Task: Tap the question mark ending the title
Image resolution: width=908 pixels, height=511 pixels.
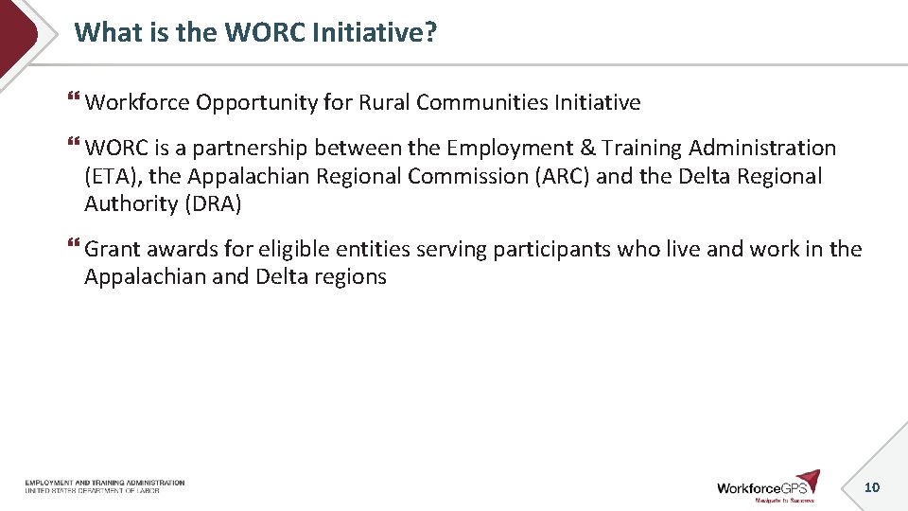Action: pos(430,32)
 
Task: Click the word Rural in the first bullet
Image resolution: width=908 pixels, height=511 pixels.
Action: pos(384,102)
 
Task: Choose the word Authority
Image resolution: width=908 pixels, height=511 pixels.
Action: pos(131,203)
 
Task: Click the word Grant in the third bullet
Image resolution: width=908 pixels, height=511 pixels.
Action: pos(112,250)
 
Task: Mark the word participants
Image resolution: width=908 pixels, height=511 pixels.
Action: pos(550,250)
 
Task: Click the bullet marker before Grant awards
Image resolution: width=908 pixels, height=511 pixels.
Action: pos(75,248)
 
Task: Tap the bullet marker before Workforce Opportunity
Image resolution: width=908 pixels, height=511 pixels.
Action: pos(75,100)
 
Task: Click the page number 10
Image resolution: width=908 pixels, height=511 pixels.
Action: pos(872,487)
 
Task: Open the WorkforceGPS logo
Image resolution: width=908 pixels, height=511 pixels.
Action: pos(768,486)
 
